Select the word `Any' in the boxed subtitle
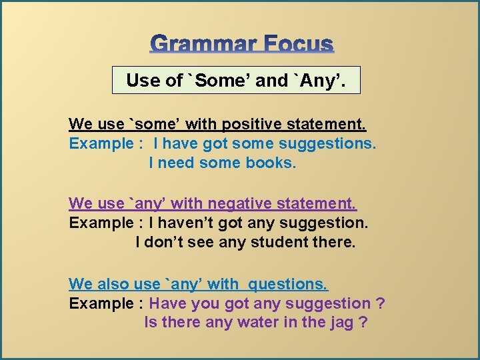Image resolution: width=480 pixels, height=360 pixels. pos(321,81)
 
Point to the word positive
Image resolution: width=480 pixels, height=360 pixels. pos(251,124)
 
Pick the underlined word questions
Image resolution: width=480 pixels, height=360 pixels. pos(288,284)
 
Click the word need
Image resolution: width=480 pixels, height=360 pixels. pos(176,163)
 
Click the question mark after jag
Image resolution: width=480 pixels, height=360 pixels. pos(364,323)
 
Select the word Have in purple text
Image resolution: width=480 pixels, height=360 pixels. pos(168,303)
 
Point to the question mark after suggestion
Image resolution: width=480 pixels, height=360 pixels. pos(380,303)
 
